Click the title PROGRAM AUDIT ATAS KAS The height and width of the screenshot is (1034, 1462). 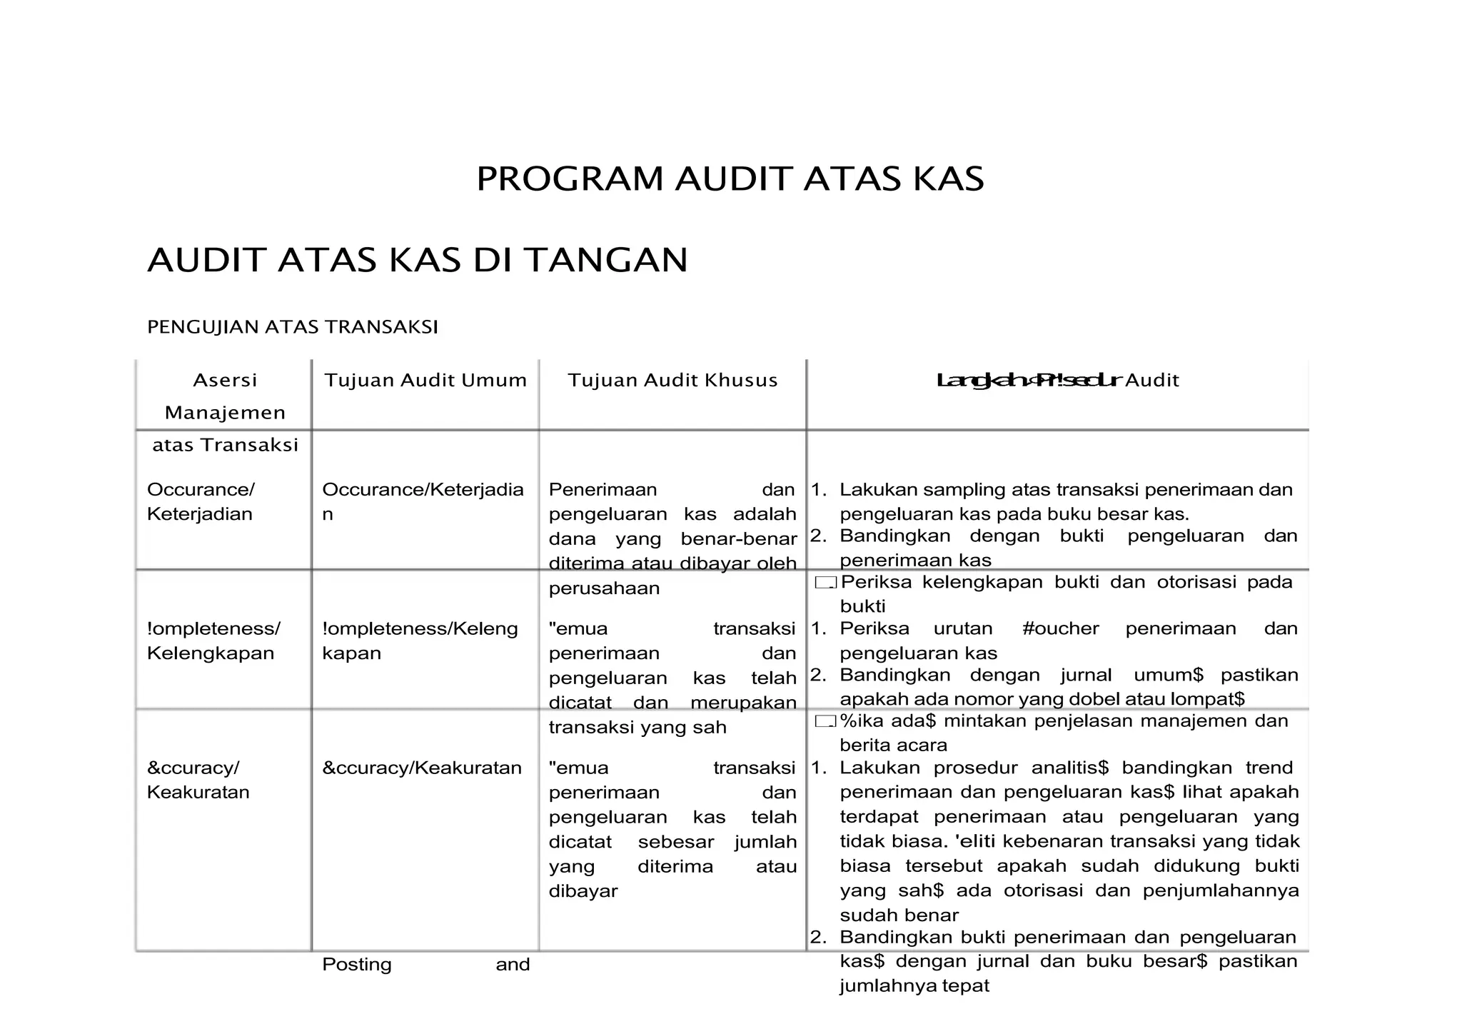(730, 179)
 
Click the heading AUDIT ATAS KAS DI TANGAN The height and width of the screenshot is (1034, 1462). (418, 260)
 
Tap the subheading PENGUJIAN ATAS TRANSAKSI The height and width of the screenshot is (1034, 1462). (292, 327)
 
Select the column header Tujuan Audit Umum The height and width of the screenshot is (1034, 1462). (425, 380)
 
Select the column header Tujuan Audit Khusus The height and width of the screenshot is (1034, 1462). (672, 380)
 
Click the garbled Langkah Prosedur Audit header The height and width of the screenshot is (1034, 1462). (1057, 380)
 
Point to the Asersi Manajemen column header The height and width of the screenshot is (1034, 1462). (225, 396)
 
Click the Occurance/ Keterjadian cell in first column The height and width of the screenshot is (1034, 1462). (201, 501)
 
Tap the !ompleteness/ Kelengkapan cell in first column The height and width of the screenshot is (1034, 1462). (213, 641)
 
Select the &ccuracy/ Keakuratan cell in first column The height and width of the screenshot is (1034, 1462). (198, 780)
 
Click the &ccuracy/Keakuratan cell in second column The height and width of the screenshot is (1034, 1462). (422, 768)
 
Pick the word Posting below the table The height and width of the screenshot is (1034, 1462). (357, 965)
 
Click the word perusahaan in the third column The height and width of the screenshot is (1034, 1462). (604, 588)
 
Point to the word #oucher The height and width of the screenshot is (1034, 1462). (1060, 628)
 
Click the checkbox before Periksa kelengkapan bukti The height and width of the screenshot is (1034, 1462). (825, 583)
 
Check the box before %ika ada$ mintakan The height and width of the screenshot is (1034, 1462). (825, 722)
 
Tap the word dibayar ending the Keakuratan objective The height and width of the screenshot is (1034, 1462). (583, 891)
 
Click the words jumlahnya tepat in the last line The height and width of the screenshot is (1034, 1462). (914, 986)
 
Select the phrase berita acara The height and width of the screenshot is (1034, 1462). (893, 746)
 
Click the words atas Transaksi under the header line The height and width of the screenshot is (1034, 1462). (225, 445)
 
